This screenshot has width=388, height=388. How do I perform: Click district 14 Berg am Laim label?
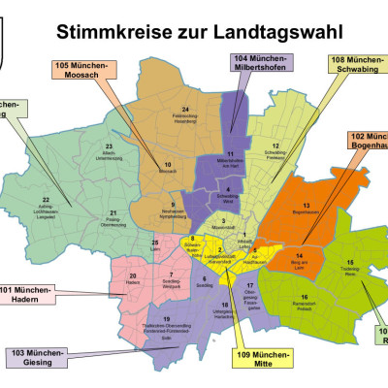(300, 259)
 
